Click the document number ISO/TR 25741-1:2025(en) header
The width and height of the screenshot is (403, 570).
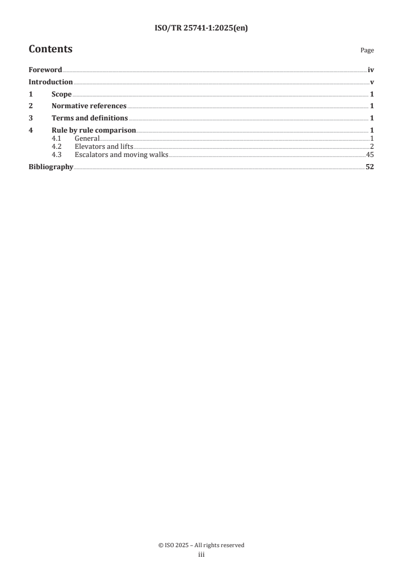[201, 28]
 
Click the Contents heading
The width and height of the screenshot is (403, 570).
[50, 49]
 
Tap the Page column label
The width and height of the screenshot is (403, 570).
[367, 51]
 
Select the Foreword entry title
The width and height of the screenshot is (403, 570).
[45, 70]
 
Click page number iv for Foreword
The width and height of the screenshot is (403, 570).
[371, 70]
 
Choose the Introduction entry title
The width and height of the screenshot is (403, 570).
[50, 82]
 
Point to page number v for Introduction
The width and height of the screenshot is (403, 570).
[372, 82]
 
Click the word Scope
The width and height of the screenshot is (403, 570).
[61, 94]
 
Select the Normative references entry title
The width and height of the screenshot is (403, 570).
[89, 106]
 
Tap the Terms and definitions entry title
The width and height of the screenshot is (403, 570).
[89, 118]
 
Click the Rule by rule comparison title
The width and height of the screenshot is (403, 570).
[94, 131]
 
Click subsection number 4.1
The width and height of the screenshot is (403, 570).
[57, 139]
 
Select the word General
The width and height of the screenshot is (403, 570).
[87, 139]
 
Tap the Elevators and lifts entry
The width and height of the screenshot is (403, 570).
[104, 147]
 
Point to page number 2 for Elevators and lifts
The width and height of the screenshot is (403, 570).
[372, 147]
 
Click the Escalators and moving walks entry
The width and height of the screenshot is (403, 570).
[121, 155]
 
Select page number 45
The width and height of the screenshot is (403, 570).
[370, 155]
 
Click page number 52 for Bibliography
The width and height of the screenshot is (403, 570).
[369, 167]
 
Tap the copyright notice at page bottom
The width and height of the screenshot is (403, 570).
[201, 545]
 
